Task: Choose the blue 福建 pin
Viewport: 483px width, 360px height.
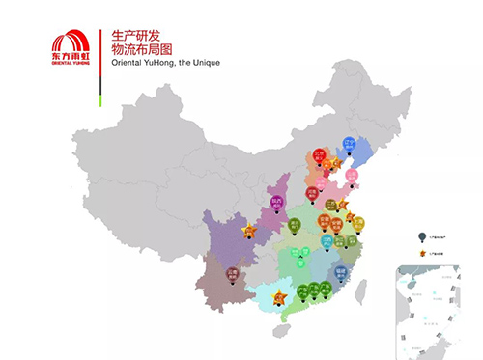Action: [339, 273]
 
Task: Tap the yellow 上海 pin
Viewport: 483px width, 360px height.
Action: [358, 223]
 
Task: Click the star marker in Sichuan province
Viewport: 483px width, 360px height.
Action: [249, 232]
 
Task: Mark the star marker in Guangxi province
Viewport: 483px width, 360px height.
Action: [280, 295]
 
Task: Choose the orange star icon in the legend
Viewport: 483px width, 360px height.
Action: [421, 253]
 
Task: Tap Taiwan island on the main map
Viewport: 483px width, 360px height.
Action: [362, 287]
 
